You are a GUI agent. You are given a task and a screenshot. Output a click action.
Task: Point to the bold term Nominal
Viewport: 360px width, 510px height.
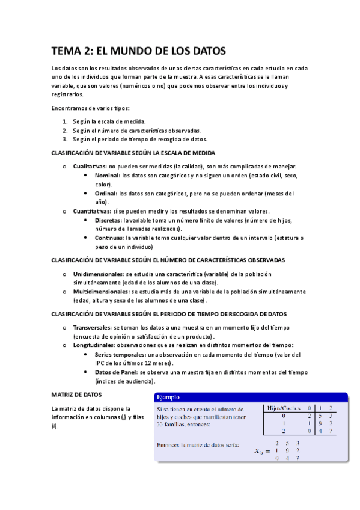point(107,176)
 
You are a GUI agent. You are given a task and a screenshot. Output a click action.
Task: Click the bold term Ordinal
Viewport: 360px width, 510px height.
point(106,194)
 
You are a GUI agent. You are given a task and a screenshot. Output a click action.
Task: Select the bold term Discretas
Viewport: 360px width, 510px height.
point(109,220)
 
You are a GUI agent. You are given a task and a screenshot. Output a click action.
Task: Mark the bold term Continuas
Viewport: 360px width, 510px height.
point(110,238)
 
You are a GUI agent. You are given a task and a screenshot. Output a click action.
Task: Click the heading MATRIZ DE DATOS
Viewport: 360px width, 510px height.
point(77,395)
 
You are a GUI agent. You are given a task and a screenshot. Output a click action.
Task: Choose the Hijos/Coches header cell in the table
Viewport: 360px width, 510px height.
point(282,408)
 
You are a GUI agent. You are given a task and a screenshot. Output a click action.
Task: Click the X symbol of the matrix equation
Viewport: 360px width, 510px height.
point(258,451)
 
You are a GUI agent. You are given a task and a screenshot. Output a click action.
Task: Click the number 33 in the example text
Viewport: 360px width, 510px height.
point(160,425)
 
